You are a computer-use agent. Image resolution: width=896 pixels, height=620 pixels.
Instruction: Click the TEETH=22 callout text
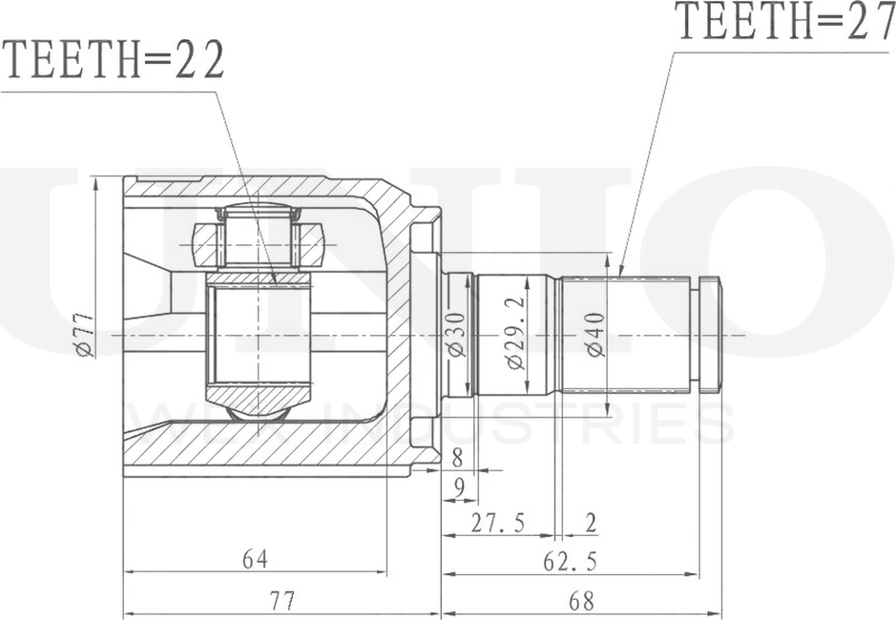click(x=115, y=62)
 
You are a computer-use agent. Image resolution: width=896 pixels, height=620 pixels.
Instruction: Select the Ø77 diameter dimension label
click(x=84, y=335)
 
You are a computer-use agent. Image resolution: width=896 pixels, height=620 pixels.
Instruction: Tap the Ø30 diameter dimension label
click(x=457, y=335)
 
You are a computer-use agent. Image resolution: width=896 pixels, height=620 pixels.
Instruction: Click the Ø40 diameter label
click(x=595, y=335)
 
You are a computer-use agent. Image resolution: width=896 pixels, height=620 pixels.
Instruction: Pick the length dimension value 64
click(x=254, y=559)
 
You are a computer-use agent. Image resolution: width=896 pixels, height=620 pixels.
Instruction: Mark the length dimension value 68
click(x=579, y=601)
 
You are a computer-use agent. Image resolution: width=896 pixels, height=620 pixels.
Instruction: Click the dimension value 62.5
click(x=570, y=562)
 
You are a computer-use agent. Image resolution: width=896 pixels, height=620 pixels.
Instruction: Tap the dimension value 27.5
click(x=498, y=523)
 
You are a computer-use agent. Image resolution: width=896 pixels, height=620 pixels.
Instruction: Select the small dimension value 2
click(x=591, y=523)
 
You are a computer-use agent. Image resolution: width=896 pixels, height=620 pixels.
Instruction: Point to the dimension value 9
click(x=459, y=488)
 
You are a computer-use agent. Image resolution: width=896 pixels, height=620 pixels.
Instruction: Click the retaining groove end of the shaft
click(x=710, y=335)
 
